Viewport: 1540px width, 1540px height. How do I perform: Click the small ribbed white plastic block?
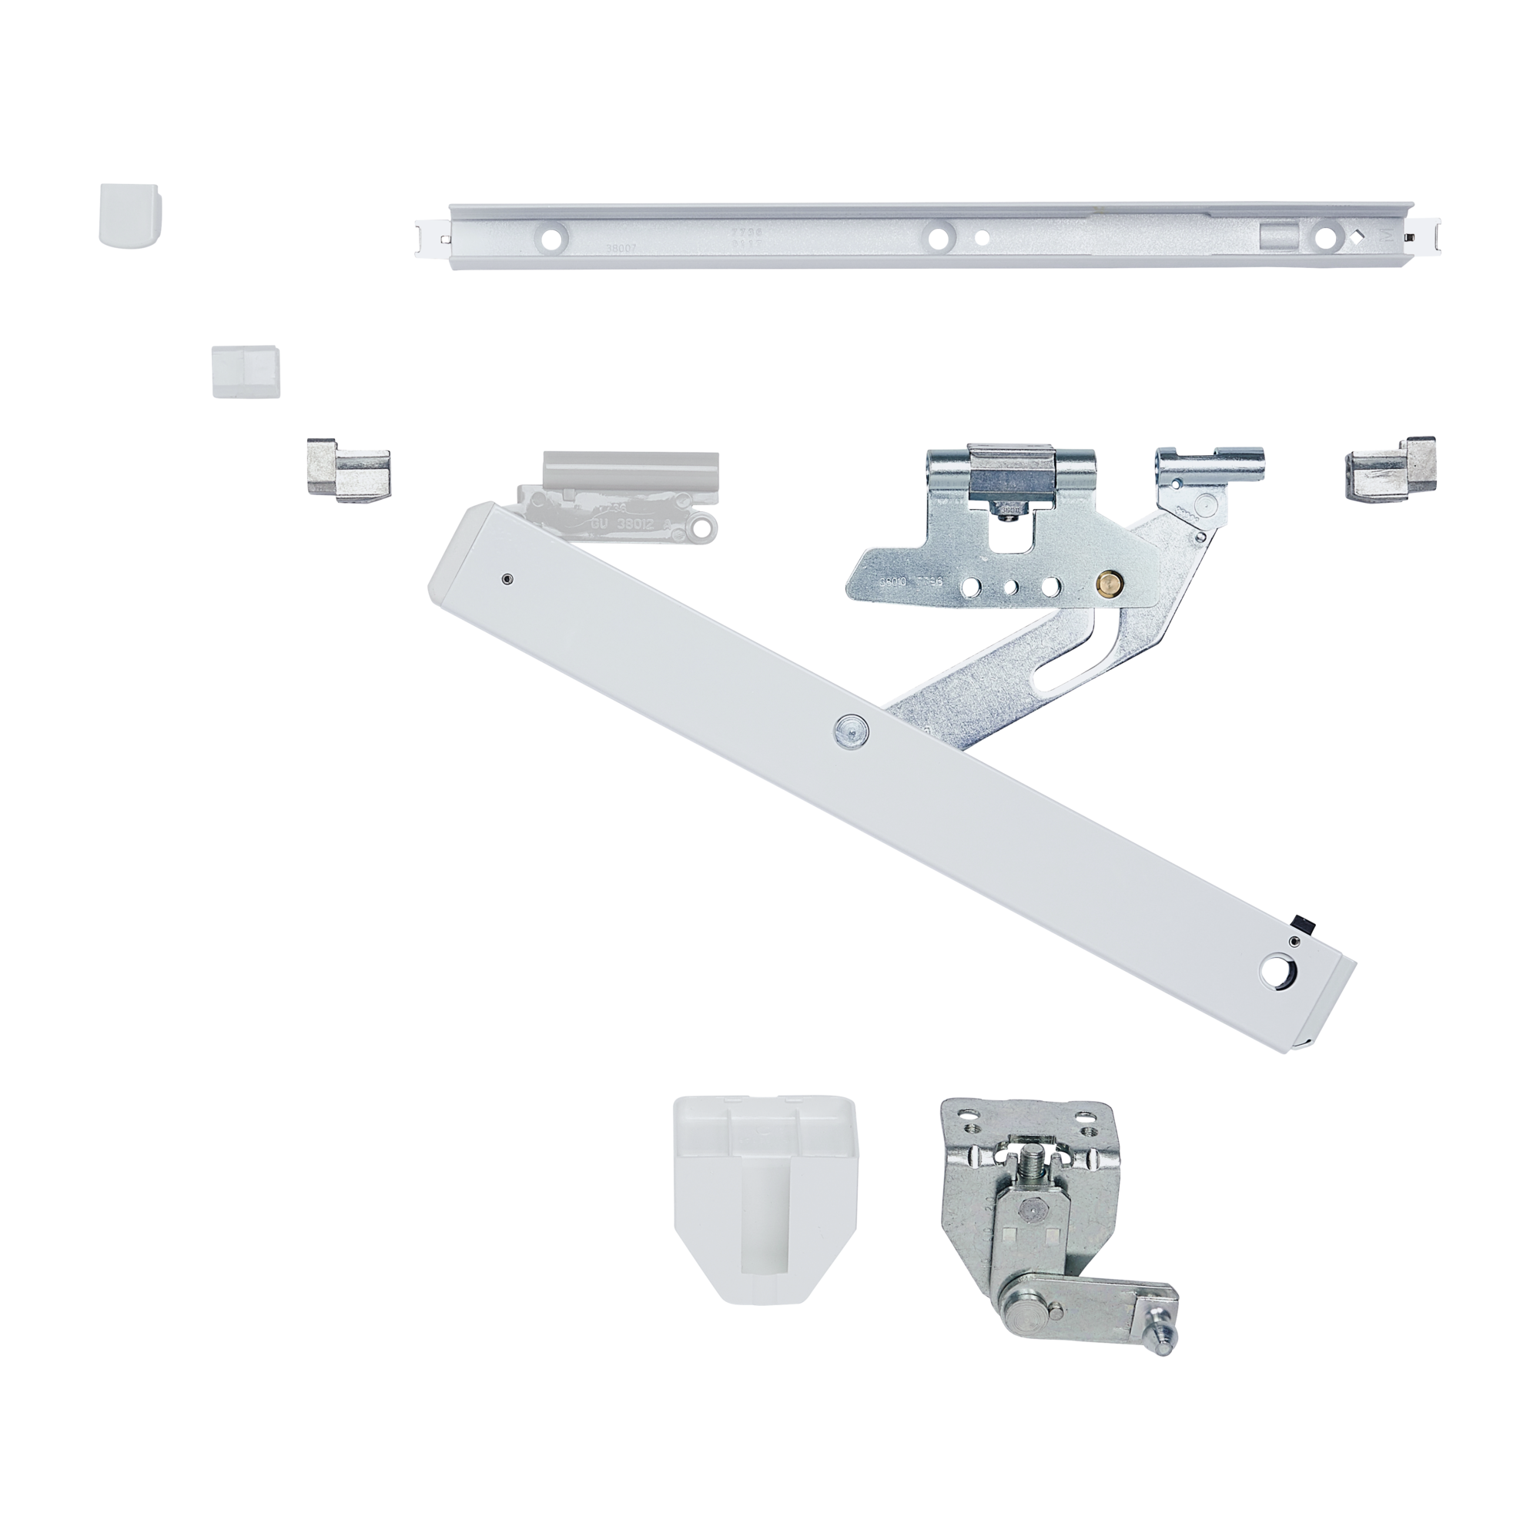pyautogui.click(x=246, y=370)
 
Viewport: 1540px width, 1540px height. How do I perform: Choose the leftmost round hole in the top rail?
pyautogui.click(x=551, y=236)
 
